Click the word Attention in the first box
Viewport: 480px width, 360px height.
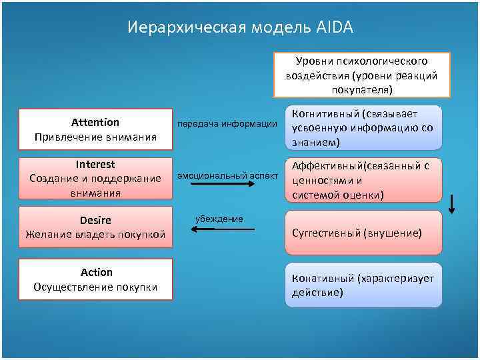[x=95, y=122]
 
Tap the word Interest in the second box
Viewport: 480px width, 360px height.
[x=95, y=164]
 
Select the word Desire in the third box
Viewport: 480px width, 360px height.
[x=95, y=220]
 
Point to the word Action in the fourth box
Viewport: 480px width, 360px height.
[x=96, y=272]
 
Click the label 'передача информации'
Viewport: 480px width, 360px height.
[x=226, y=123]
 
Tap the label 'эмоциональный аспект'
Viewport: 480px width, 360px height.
[x=226, y=175]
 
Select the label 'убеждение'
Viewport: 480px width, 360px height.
[x=219, y=219]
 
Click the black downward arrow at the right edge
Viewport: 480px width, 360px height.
[x=452, y=203]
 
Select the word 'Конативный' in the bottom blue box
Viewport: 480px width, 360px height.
[x=321, y=279]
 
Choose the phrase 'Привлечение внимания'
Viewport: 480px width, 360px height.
[x=95, y=137]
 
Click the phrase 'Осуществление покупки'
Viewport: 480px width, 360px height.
[x=95, y=287]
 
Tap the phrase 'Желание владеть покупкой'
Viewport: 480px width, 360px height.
[x=95, y=234]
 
